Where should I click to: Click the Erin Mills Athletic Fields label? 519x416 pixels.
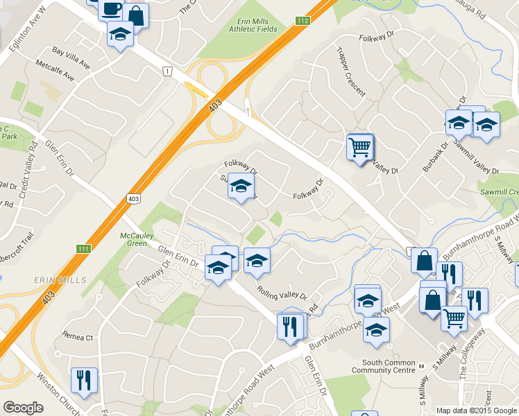pyautogui.click(x=253, y=25)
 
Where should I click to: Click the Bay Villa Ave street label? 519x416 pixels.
pyautogui.click(x=71, y=58)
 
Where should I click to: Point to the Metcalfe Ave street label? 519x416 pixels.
pyautogui.click(x=56, y=71)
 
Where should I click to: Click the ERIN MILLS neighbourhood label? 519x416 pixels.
pyautogui.click(x=60, y=280)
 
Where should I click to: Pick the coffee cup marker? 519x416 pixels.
pyautogui.click(x=111, y=9)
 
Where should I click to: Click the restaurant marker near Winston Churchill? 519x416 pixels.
pyautogui.click(x=83, y=381)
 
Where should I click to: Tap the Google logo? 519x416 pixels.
pyautogui.click(x=23, y=408)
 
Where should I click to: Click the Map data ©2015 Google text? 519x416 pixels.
pyautogui.click(x=477, y=410)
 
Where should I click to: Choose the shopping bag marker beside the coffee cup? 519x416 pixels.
pyautogui.click(x=137, y=15)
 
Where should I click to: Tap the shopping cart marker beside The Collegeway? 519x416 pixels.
pyautogui.click(x=454, y=319)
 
